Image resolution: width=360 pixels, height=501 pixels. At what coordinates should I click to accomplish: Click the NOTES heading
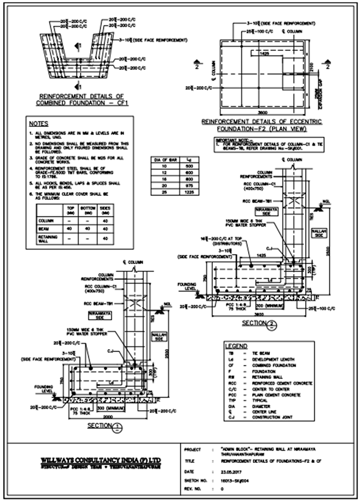(39, 124)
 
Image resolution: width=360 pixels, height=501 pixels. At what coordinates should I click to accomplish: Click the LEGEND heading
(236, 346)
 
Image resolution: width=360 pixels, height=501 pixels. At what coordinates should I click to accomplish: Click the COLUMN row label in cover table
(46, 221)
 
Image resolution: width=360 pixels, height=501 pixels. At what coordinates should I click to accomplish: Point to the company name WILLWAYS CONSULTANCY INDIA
(101, 460)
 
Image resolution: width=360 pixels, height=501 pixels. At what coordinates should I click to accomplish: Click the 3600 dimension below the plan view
(262, 112)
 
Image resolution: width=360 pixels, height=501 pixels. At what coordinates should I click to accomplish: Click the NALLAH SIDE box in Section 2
(319, 233)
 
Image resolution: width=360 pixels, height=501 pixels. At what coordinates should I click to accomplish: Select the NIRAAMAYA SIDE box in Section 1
(100, 315)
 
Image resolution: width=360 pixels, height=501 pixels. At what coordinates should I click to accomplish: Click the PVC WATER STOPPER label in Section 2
(246, 223)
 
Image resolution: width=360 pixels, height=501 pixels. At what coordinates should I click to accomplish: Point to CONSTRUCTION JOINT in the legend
(272, 417)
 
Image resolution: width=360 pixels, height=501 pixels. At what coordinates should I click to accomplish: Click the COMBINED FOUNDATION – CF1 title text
(82, 103)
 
